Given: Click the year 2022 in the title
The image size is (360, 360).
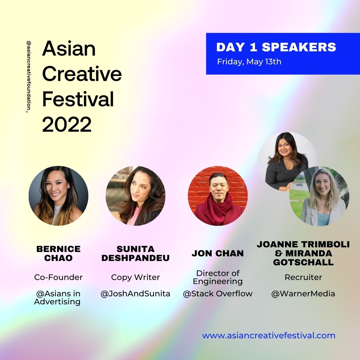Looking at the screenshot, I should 67,125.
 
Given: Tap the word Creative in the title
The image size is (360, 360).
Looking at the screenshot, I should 82,74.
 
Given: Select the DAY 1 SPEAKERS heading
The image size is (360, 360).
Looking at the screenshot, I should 276,47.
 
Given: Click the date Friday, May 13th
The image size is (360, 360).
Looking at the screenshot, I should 249,62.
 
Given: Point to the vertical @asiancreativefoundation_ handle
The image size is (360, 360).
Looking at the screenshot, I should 29,77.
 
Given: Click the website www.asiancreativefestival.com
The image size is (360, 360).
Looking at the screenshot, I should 269,335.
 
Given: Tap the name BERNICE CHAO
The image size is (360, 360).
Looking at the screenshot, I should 58,253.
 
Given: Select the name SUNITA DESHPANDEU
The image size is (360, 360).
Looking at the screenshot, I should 135,253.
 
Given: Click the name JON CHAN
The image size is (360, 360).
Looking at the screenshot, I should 218,253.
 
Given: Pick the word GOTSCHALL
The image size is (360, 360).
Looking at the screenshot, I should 303,262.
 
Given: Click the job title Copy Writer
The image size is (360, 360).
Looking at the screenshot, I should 135,277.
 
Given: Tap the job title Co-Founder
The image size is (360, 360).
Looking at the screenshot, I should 58,277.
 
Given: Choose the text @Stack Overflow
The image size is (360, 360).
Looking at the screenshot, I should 218,294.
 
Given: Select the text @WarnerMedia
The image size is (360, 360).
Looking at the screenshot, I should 303,294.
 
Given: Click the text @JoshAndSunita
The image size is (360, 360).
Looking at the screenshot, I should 135,294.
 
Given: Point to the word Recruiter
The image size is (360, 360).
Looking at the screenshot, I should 303,277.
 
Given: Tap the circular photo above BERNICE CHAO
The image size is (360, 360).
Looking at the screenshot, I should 58,196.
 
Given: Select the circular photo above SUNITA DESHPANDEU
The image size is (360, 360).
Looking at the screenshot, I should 135,196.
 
